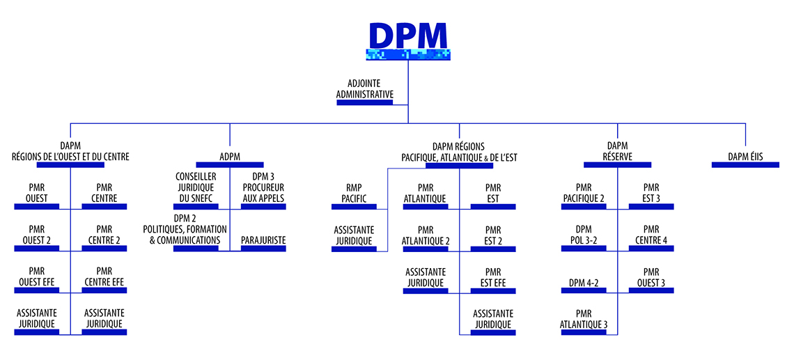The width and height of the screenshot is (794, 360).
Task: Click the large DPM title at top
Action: click(407, 35)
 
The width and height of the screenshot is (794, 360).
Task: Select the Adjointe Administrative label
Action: click(364, 88)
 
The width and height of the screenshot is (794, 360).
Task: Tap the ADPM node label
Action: click(230, 157)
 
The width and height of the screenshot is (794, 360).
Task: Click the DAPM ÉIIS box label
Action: click(745, 157)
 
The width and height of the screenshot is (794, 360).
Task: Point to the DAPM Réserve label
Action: click(617, 151)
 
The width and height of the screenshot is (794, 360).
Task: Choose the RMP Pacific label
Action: click(359, 193)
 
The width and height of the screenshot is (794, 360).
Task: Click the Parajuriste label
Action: click(263, 240)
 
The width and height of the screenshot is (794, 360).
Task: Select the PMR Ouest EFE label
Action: click(37, 276)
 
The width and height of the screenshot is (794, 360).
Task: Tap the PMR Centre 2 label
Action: click(104, 235)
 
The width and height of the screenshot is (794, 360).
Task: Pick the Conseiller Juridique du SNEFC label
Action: click(196, 187)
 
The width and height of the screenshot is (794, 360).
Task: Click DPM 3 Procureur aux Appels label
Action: click(263, 187)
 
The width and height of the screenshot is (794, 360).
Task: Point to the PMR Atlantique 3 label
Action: click(584, 318)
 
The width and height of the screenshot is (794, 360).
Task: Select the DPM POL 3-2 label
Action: click(584, 235)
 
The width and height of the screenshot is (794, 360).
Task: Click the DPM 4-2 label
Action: click(584, 282)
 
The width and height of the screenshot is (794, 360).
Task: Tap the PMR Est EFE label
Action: click(493, 276)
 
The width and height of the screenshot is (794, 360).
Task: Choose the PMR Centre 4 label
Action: click(651, 235)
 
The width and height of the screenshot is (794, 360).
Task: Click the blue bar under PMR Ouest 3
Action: click(651, 291)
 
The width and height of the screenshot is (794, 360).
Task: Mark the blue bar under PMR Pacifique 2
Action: click(584, 207)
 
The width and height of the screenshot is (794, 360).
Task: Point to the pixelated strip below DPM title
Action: click(407, 54)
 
